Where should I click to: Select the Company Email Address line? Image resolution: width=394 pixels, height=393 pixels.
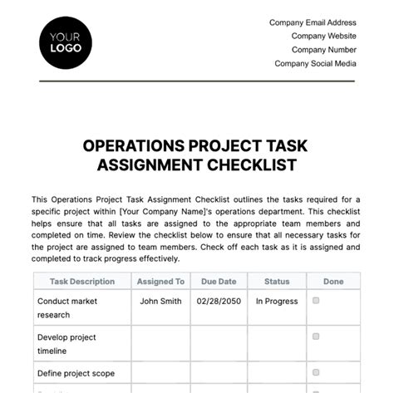pyautogui.click(x=313, y=23)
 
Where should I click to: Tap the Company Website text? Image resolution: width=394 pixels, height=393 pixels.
pyautogui.click(x=324, y=37)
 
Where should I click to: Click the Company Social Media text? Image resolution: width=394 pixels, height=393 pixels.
pyautogui.click(x=316, y=63)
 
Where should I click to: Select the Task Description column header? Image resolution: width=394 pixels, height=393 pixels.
pyautogui.click(x=82, y=282)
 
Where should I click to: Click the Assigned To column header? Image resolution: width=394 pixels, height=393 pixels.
pyautogui.click(x=160, y=282)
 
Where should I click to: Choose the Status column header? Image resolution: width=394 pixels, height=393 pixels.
pyautogui.click(x=277, y=282)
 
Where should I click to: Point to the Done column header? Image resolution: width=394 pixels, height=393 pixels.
pyautogui.click(x=333, y=282)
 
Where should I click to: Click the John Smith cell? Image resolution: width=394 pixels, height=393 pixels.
pyautogui.click(x=160, y=302)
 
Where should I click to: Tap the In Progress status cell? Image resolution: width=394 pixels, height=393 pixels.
pyautogui.click(x=277, y=302)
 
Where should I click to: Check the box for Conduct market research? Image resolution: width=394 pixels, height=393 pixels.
pyautogui.click(x=316, y=302)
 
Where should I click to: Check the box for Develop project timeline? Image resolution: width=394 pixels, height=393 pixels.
pyautogui.click(x=316, y=337)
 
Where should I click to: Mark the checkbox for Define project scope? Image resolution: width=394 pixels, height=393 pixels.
pyautogui.click(x=316, y=373)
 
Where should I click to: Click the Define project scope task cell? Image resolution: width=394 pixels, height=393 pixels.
pyautogui.click(x=76, y=374)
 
